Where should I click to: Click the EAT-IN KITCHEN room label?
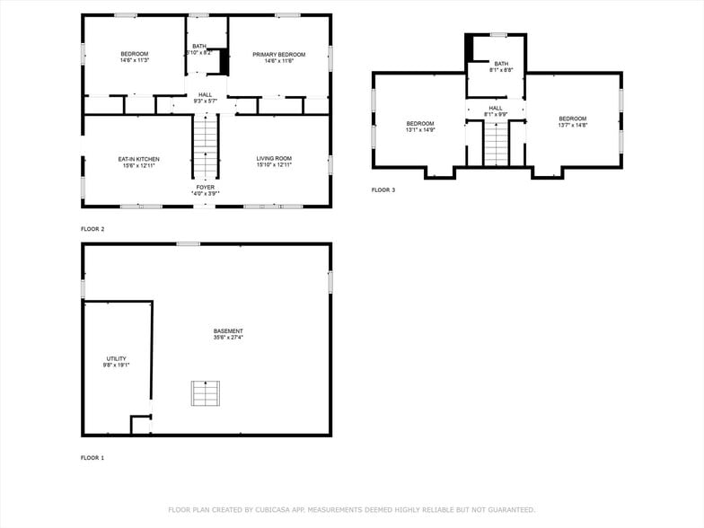pyautogui.click(x=138, y=159)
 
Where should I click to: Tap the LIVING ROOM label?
pyautogui.click(x=274, y=159)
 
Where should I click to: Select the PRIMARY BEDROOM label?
pyautogui.click(x=278, y=55)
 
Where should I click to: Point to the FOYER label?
pyautogui.click(x=206, y=187)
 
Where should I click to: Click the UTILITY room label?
pyautogui.click(x=117, y=358)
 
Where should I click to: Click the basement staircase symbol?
pyautogui.click(x=205, y=394)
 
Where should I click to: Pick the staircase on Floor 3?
pyautogui.click(x=496, y=144)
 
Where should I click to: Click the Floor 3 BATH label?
pyautogui.click(x=500, y=64)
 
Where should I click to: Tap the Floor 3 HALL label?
pyautogui.click(x=496, y=108)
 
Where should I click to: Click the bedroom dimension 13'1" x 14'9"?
pyautogui.click(x=419, y=130)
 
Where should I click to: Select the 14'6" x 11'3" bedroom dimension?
pyautogui.click(x=134, y=61)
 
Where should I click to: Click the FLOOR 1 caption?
pyautogui.click(x=92, y=458)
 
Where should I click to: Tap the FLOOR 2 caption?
pyautogui.click(x=92, y=229)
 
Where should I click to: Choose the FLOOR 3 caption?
pyautogui.click(x=383, y=189)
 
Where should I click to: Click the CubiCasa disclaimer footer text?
pyautogui.click(x=351, y=509)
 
